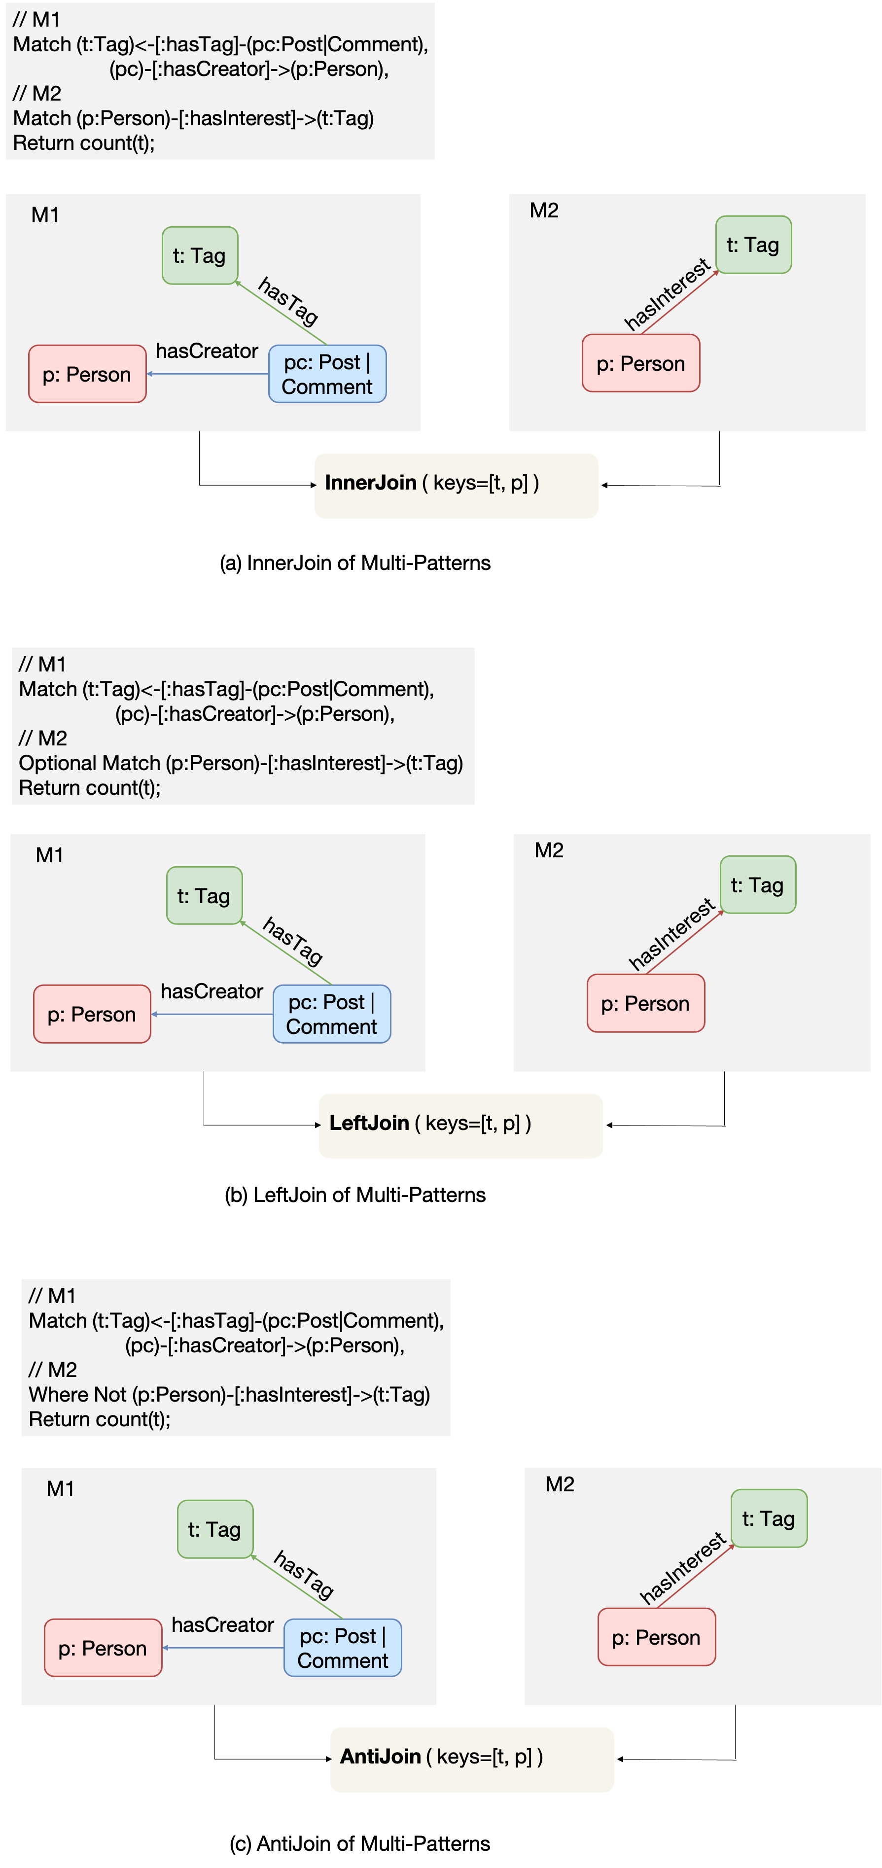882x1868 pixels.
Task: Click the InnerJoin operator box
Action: [x=456, y=485]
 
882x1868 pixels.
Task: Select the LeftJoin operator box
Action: [x=460, y=1126]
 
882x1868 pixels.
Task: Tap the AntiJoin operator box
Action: [x=471, y=1759]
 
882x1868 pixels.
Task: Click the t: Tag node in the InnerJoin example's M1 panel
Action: [x=200, y=256]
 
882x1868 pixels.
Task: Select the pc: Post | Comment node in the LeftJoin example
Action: [x=331, y=1014]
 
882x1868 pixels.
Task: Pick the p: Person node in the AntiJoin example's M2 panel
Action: [x=656, y=1637]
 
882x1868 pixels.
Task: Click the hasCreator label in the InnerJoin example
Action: [x=207, y=351]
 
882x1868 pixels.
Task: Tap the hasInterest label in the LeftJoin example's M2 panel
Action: [x=671, y=934]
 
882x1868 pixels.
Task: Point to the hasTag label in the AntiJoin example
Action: [x=304, y=1574]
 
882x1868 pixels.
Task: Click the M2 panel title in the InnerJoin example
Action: [x=544, y=211]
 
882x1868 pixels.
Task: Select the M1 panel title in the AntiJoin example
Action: [x=60, y=1489]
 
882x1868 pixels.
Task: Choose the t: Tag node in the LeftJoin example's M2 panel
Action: [x=757, y=884]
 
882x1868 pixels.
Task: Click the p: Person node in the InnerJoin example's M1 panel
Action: [x=87, y=374]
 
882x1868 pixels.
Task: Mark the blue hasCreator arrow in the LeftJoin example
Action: [x=212, y=1014]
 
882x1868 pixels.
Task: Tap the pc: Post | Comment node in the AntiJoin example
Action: [x=342, y=1648]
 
